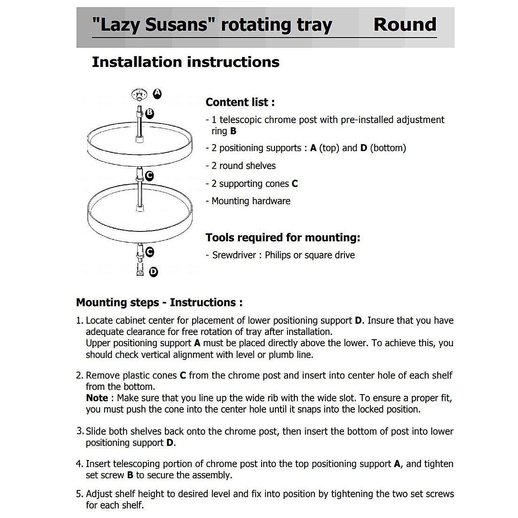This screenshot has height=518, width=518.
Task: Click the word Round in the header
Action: (x=404, y=25)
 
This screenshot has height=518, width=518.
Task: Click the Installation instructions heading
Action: (x=186, y=62)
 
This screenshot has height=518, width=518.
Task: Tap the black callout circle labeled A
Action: (x=158, y=94)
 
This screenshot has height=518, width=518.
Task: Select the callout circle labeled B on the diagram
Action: (x=149, y=113)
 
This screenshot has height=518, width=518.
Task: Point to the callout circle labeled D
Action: (x=153, y=272)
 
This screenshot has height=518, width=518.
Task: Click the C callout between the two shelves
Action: (x=149, y=176)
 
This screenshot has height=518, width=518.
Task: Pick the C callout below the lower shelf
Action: (x=150, y=252)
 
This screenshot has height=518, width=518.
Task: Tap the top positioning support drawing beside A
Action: (x=139, y=94)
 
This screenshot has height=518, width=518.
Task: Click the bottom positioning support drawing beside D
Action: (x=139, y=271)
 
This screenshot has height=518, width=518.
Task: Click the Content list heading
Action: (x=240, y=102)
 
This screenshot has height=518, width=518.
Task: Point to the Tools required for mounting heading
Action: (x=283, y=237)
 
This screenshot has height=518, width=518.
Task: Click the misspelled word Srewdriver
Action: (x=234, y=255)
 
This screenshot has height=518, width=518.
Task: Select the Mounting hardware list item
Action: (x=251, y=201)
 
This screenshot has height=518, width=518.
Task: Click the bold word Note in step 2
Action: (x=97, y=398)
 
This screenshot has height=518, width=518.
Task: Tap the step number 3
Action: (x=79, y=431)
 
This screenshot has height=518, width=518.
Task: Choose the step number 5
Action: (x=79, y=494)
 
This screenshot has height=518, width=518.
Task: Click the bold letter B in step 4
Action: (x=130, y=475)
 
